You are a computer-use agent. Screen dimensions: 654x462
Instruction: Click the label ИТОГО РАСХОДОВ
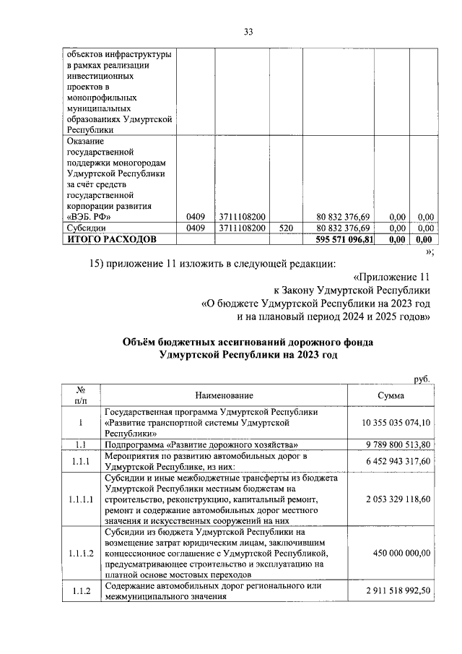110,239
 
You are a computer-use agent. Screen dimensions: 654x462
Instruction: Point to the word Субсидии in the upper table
86,228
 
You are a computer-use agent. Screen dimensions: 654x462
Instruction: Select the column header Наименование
224,395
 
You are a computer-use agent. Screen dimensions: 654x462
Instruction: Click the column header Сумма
391,395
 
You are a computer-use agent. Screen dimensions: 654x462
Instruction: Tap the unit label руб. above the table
422,379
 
